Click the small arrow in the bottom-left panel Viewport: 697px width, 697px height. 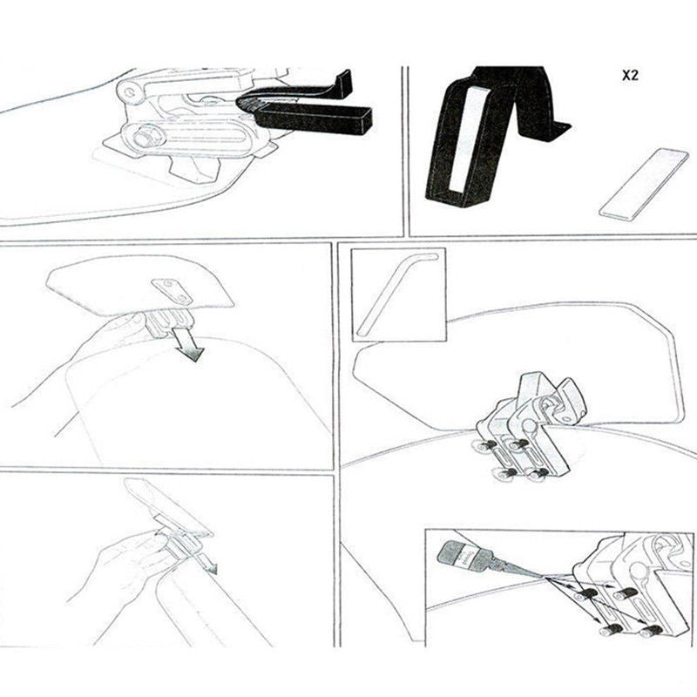[x=208, y=565]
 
